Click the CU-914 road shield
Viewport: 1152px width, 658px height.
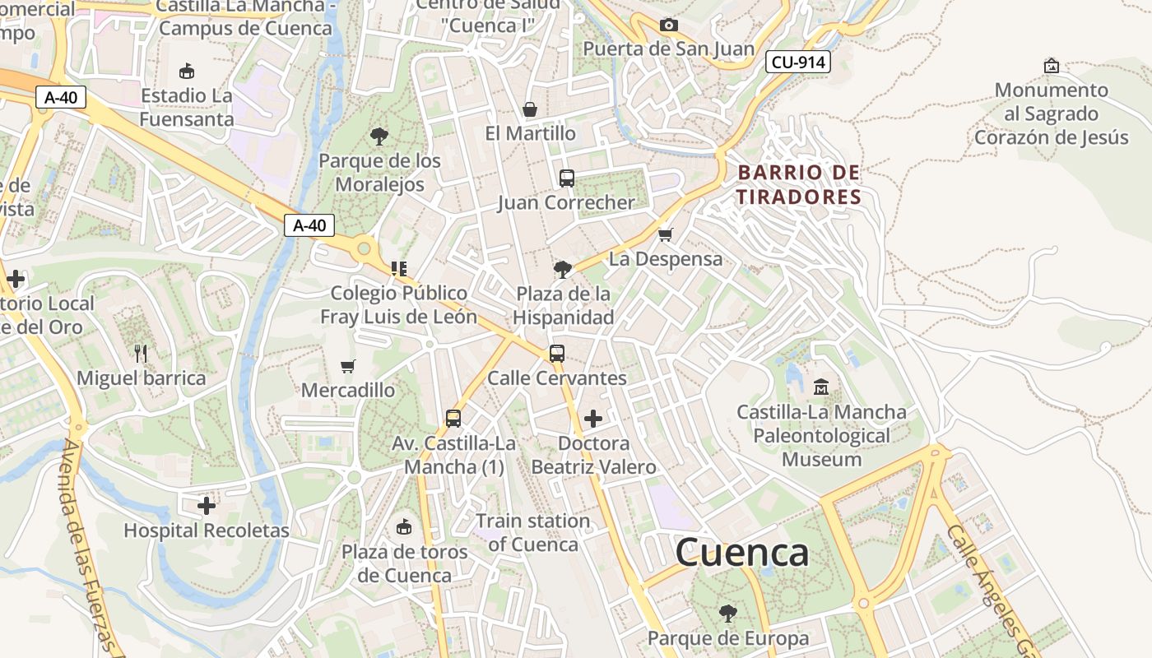pyautogui.click(x=797, y=62)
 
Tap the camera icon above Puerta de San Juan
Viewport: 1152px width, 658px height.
pyautogui.click(x=668, y=25)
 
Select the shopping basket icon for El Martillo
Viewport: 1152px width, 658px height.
pyautogui.click(x=530, y=109)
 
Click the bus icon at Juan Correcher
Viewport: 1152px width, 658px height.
pyautogui.click(x=566, y=178)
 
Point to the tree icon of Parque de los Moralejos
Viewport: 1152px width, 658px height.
pyautogui.click(x=379, y=136)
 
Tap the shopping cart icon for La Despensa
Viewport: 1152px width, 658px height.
pyautogui.click(x=666, y=234)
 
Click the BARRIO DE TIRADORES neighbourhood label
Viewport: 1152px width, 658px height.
pyautogui.click(x=798, y=184)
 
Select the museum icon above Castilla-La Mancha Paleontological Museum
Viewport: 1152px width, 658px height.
pyautogui.click(x=821, y=386)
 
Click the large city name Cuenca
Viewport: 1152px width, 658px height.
pyautogui.click(x=741, y=553)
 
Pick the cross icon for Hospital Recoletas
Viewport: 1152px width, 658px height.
pyautogui.click(x=207, y=505)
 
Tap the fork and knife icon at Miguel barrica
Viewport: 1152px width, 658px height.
pyautogui.click(x=141, y=354)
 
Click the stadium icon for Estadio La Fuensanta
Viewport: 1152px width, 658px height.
pyautogui.click(x=187, y=71)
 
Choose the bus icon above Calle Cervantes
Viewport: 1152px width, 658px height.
pyautogui.click(x=557, y=353)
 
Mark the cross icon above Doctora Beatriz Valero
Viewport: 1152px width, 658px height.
pyautogui.click(x=592, y=419)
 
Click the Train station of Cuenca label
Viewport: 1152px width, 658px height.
pyautogui.click(x=532, y=532)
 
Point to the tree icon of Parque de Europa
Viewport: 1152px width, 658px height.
pyautogui.click(x=727, y=613)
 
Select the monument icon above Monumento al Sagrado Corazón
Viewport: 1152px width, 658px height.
pyautogui.click(x=1051, y=65)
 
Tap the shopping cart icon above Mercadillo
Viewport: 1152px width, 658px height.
pyautogui.click(x=348, y=365)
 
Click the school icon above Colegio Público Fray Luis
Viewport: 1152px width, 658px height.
pyautogui.click(x=399, y=268)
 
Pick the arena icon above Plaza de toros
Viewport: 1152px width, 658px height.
pyautogui.click(x=404, y=526)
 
